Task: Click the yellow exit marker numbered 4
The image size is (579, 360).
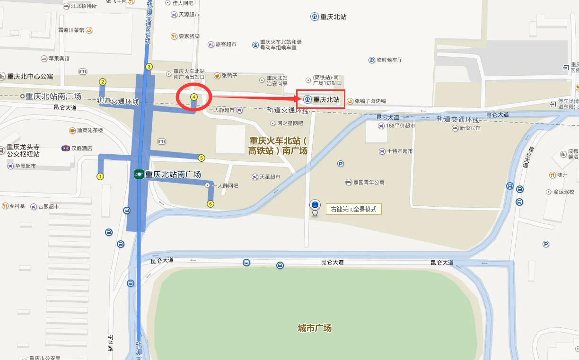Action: click(x=193, y=97)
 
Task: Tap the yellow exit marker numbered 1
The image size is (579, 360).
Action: click(x=100, y=176)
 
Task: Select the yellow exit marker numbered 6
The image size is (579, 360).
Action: click(x=211, y=204)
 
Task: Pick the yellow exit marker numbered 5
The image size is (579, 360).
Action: click(x=202, y=158)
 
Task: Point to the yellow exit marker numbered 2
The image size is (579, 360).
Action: click(x=102, y=82)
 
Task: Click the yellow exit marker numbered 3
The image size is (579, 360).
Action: click(x=149, y=67)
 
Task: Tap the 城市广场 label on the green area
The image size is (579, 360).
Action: click(x=315, y=328)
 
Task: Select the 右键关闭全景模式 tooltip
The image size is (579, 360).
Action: click(x=353, y=209)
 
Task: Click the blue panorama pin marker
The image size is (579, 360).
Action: click(x=315, y=206)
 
